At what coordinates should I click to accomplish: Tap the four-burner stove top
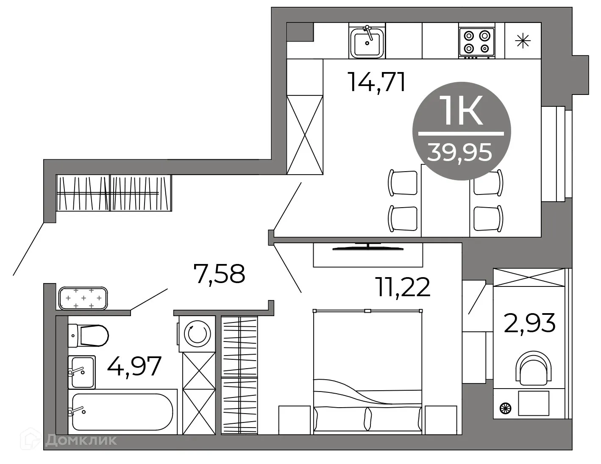coord(477,41)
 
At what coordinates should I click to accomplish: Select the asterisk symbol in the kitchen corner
coord(523,41)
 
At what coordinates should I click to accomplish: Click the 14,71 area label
coord(376,82)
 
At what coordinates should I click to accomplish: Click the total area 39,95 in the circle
coord(460,152)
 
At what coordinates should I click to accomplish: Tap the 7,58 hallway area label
coord(219,274)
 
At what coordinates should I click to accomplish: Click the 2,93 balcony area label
coord(529,323)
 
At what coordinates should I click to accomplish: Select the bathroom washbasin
coord(82,372)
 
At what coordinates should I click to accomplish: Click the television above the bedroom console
coord(367,246)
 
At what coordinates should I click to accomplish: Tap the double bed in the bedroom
coord(367,373)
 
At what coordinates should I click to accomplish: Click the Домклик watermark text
coord(80,441)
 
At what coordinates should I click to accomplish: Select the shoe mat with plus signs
coord(83,299)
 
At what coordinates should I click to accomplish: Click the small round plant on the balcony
coord(506,408)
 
